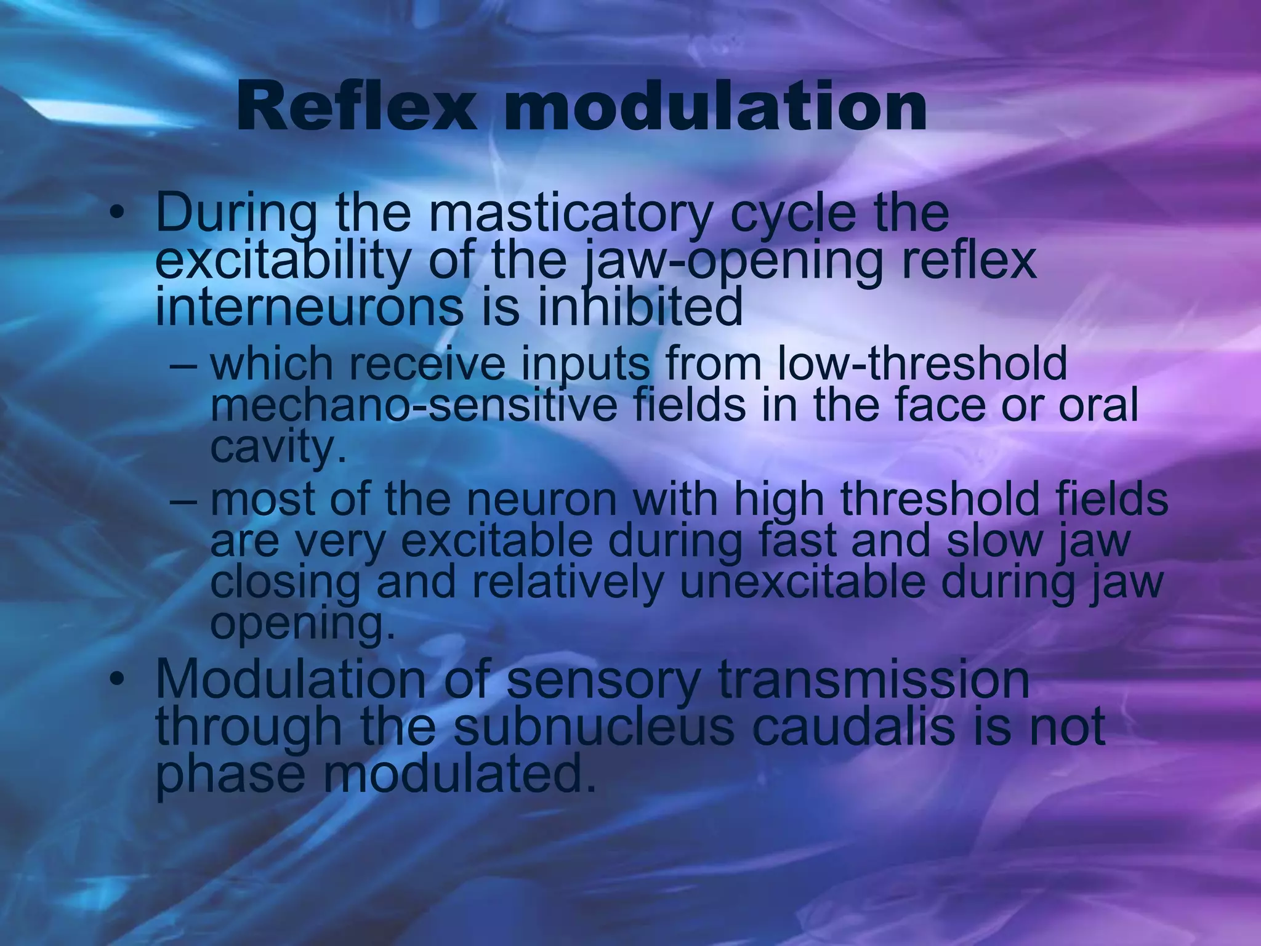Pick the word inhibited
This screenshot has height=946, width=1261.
tap(640, 308)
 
